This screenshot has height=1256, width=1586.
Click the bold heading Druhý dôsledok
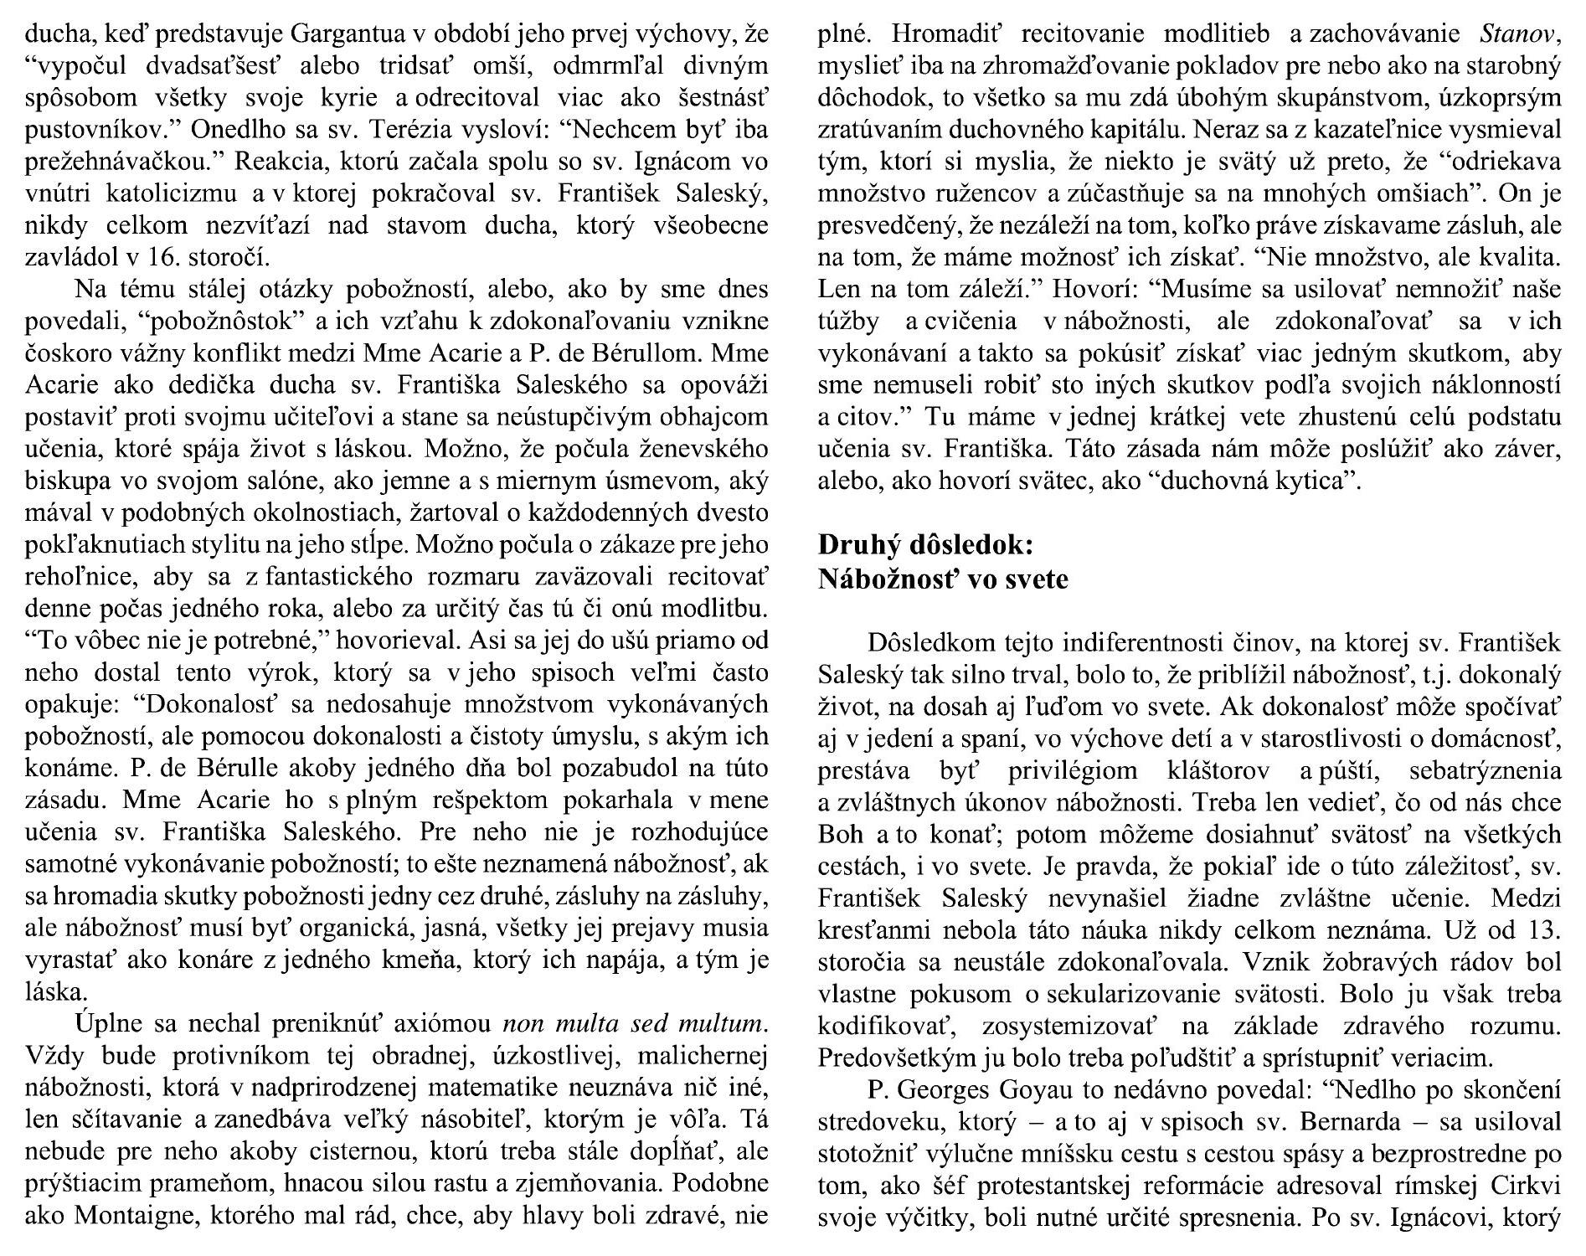[x=925, y=545]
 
